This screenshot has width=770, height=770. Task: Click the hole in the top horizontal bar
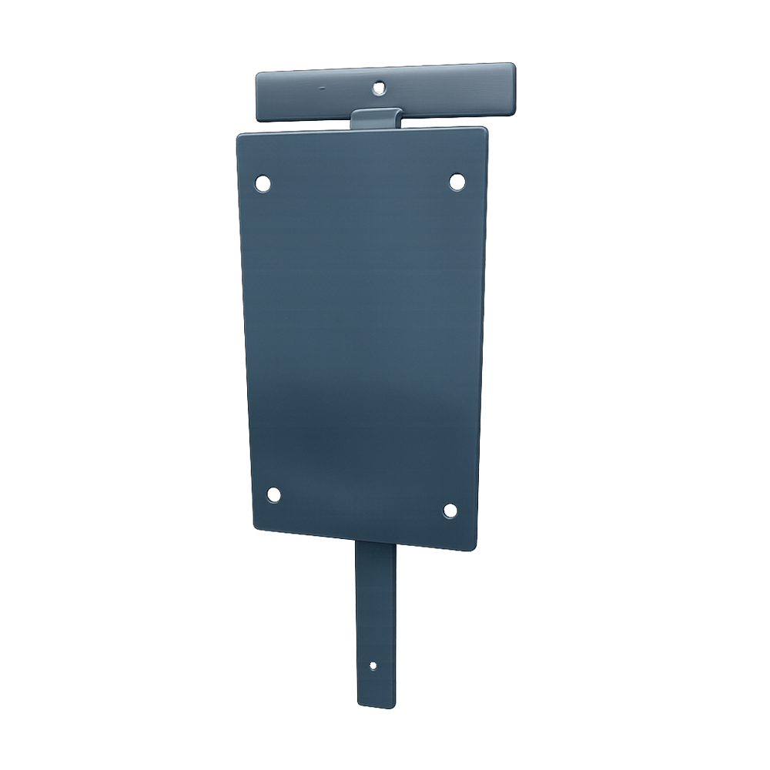[x=378, y=88]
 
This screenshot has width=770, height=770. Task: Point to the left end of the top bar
[x=259, y=97]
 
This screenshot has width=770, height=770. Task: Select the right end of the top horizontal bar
[x=511, y=86]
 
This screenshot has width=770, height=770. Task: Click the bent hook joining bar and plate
[x=377, y=118]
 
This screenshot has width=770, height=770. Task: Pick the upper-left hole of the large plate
[x=263, y=183]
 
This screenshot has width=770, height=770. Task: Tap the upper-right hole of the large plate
[x=457, y=182]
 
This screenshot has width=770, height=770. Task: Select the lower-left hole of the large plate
[x=273, y=494]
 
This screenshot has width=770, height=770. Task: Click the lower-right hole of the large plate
[x=450, y=510]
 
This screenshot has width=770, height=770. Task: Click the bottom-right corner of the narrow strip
[x=395, y=705]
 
